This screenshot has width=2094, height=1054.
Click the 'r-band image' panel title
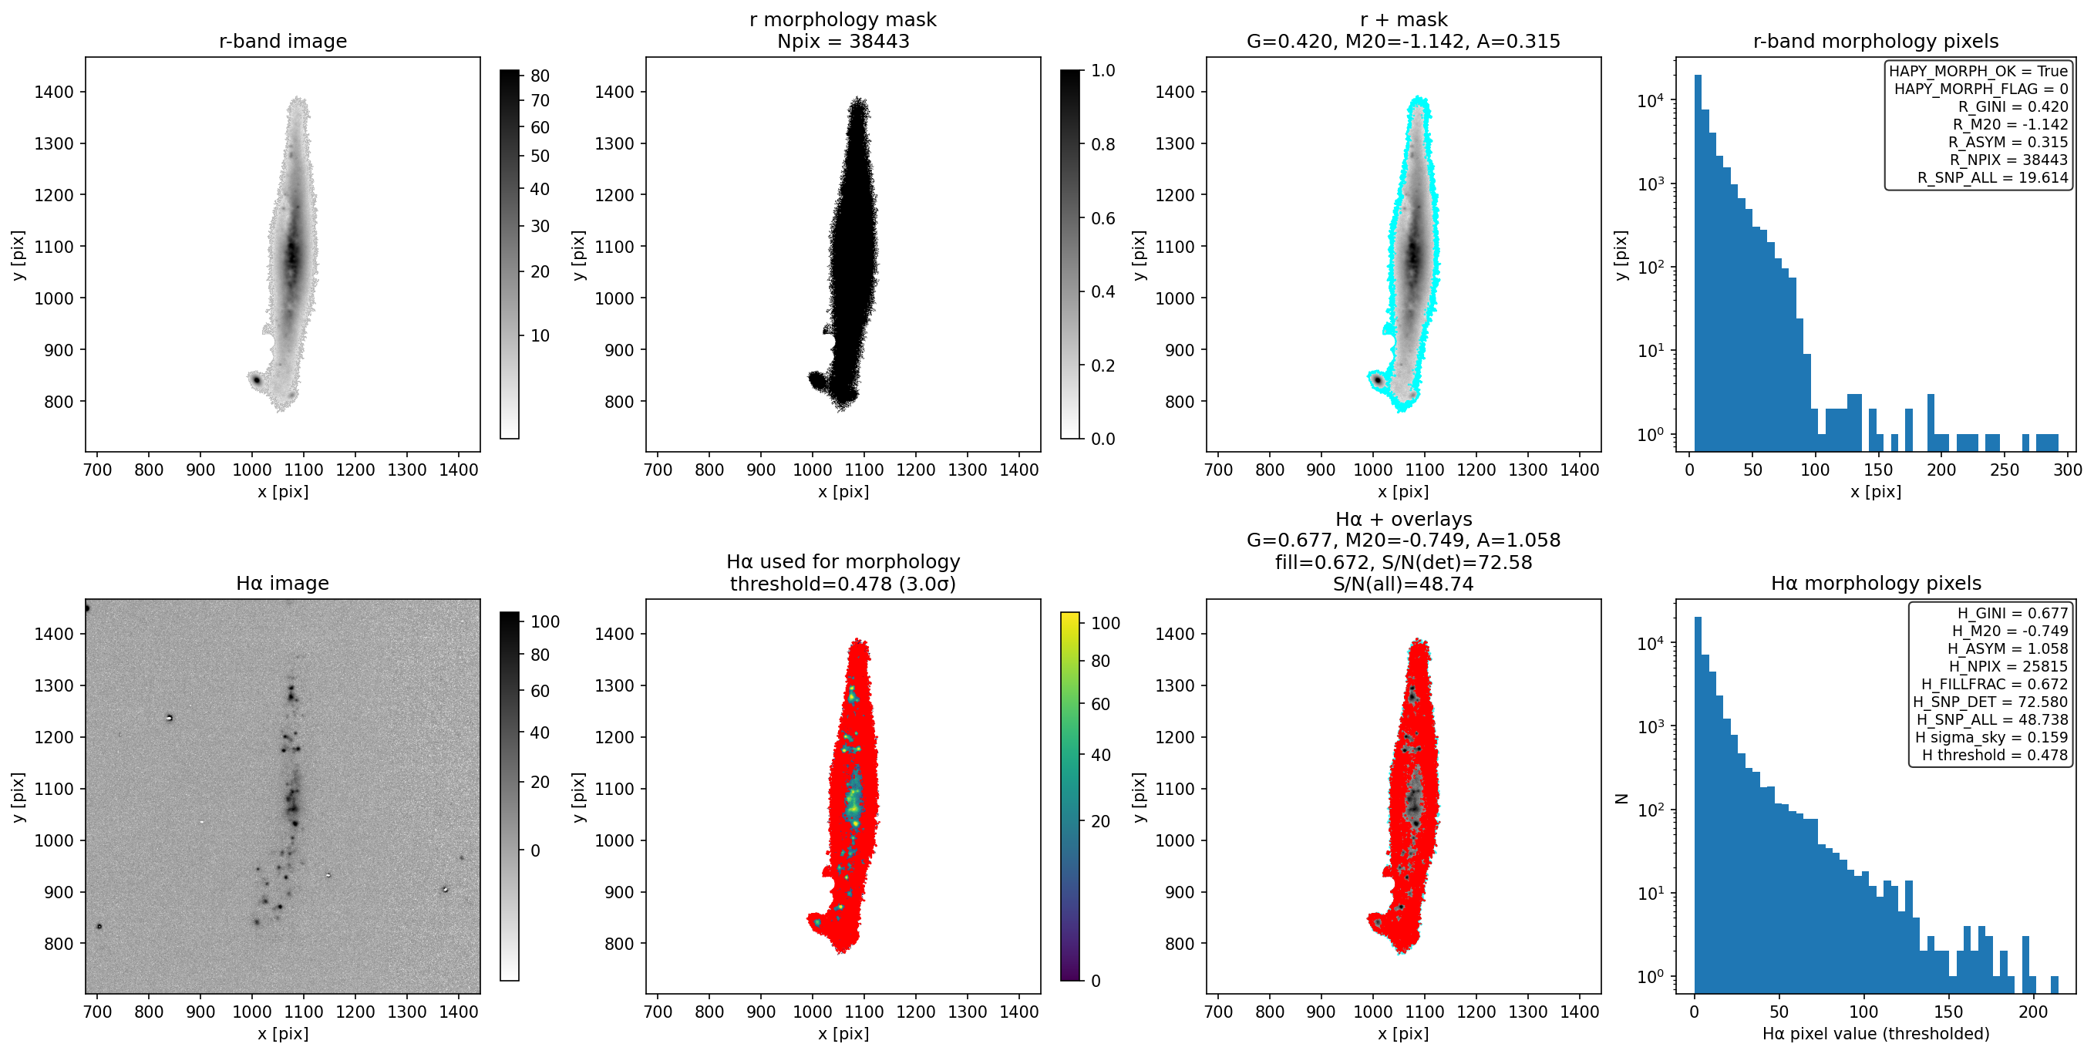[x=283, y=41]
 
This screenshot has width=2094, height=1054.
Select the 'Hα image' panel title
[x=283, y=583]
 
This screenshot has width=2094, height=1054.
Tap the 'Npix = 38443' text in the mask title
[x=843, y=41]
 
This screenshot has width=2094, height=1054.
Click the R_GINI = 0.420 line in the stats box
[x=2013, y=106]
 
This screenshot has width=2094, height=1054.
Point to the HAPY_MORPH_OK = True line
[x=1978, y=71]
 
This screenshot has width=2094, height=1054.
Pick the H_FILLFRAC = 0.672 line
[x=1995, y=684]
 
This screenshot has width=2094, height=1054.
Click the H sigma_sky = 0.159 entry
[x=1991, y=737]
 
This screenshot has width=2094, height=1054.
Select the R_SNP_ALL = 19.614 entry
[x=1993, y=177]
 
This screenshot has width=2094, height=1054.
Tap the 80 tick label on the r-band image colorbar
[x=540, y=76]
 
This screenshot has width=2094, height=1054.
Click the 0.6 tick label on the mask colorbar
[x=1103, y=217]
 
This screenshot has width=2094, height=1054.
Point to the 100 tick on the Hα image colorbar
[x=544, y=621]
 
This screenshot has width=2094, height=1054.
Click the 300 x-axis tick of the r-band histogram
[x=2068, y=470]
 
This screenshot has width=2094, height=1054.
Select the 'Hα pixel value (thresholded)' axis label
[x=1876, y=1034]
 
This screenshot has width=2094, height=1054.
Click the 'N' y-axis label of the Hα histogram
[x=1621, y=799]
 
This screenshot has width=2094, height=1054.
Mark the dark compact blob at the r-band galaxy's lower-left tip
[x=255, y=379]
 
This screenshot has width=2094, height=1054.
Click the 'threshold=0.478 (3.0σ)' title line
[x=843, y=584]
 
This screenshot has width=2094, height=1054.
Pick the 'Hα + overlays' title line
[x=1403, y=518]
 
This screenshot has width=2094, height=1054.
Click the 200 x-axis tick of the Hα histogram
[x=2033, y=1012]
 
